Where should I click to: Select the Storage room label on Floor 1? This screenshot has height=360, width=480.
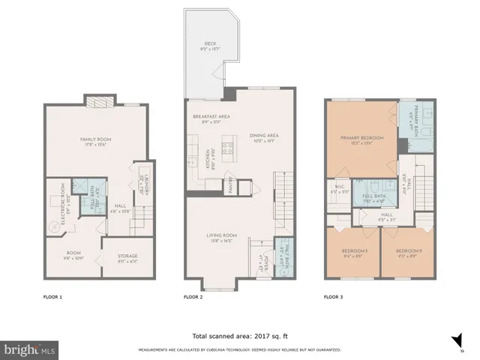[x=127, y=257]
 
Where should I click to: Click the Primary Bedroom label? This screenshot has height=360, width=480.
[x=361, y=140]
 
